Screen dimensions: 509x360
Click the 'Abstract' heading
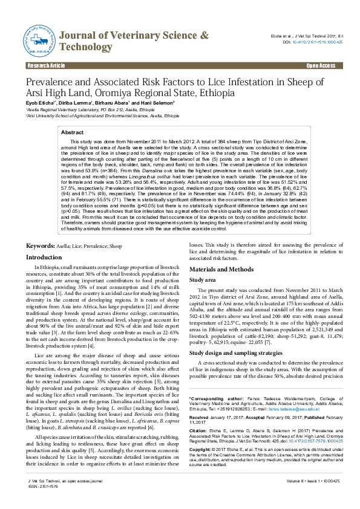73,132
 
